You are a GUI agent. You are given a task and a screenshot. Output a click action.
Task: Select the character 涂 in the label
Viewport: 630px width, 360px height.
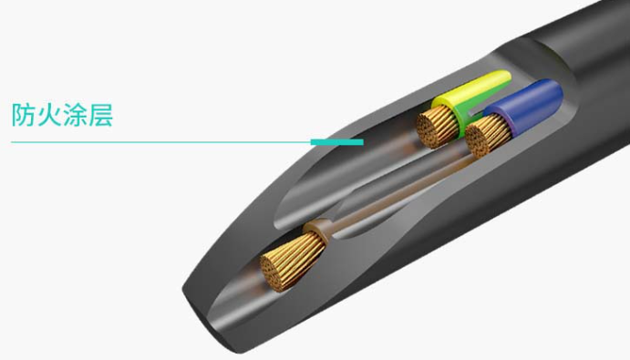click(75, 115)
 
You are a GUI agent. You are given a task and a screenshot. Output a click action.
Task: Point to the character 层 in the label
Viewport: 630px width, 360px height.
click(100, 115)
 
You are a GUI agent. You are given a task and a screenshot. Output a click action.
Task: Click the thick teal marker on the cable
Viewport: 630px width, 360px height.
click(337, 142)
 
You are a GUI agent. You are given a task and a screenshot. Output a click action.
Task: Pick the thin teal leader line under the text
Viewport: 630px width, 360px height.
click(160, 142)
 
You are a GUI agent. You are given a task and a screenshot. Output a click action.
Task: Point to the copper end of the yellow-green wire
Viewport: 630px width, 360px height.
click(437, 126)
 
